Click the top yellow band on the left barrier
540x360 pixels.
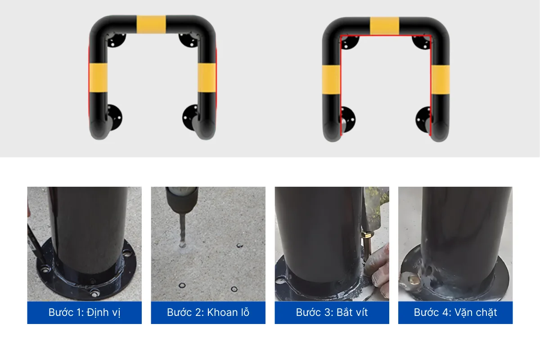pos(151,24)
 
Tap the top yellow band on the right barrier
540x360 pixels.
pos(384,26)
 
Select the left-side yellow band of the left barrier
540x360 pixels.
pos(98,78)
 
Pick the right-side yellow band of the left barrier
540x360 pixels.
pos(207,78)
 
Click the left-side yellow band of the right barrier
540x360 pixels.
pos(331,80)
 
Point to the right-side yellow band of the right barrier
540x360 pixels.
pos(440,80)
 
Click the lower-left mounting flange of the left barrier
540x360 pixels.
pos(114,117)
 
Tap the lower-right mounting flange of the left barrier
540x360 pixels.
pos(190,117)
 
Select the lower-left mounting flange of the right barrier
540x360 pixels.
pos(348,119)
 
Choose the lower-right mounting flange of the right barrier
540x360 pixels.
pos(423,119)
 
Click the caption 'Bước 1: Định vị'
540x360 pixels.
pos(85,312)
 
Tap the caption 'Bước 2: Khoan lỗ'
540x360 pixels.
pos(208,312)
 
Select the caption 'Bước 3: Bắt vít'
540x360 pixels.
pos(332,312)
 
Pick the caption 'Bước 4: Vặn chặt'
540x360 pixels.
pos(455,312)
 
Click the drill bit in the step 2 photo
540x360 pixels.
pos(183,230)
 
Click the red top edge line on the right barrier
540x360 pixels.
pos(386,36)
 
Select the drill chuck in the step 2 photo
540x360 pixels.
pos(182,200)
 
